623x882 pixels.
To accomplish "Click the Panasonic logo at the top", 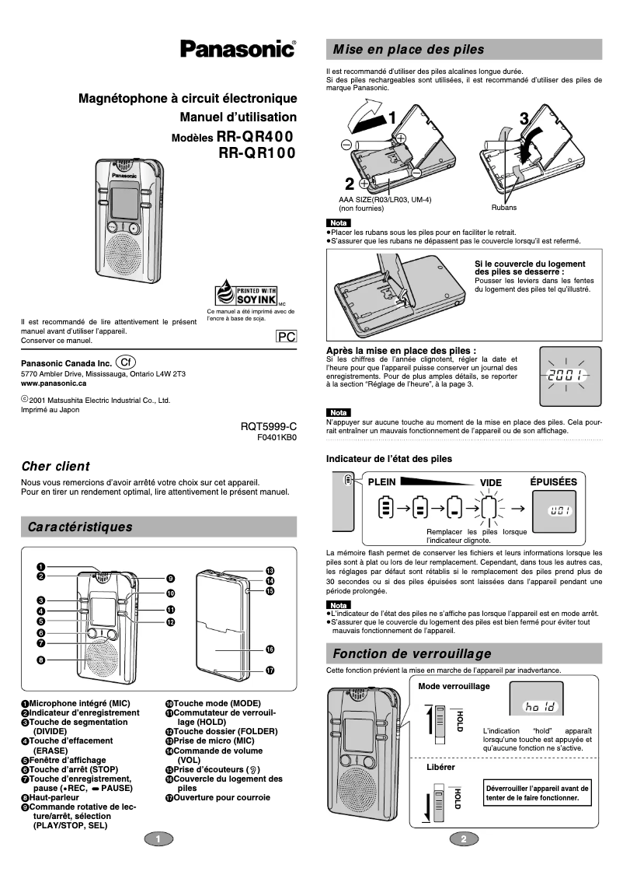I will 238,50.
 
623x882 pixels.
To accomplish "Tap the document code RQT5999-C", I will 269,427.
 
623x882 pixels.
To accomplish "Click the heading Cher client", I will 55,467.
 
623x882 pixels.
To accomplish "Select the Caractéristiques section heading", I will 80,527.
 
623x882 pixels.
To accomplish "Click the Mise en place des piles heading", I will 408,50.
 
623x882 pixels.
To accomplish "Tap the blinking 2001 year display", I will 566,376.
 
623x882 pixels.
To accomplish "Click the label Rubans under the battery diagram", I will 503,208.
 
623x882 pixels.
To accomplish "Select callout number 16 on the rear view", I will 270,649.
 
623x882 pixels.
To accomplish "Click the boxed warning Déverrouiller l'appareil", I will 537,793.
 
